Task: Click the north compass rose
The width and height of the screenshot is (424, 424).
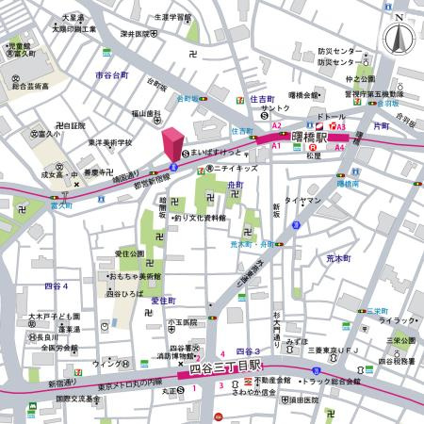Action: (398, 38)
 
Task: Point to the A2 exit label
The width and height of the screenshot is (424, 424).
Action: (277, 125)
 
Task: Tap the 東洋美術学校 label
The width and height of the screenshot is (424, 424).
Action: (110, 142)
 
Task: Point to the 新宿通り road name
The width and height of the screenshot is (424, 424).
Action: (64, 384)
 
